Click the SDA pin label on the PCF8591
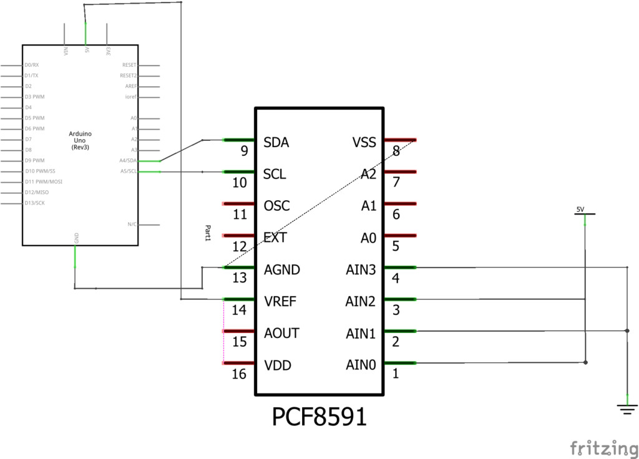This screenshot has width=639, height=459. click(276, 143)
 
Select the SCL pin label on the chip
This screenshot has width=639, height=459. click(275, 175)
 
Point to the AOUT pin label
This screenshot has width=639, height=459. click(281, 334)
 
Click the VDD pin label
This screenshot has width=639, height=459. click(278, 365)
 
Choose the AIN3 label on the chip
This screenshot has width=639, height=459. click(361, 270)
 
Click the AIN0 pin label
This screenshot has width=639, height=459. click(361, 365)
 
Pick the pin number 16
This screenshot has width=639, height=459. click(239, 374)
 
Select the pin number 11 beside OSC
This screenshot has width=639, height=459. click(239, 215)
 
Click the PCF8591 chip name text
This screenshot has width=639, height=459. click(319, 417)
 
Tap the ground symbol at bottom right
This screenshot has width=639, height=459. click(627, 408)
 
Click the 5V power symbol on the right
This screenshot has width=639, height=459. click(585, 211)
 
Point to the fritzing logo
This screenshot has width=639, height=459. click(603, 447)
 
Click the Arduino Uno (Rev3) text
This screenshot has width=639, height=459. click(80, 140)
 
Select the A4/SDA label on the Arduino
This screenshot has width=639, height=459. click(129, 160)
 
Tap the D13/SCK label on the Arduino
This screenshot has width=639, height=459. click(35, 203)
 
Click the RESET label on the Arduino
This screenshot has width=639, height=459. click(129, 65)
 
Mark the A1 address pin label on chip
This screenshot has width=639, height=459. click(368, 206)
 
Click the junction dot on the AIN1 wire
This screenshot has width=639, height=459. click(627, 331)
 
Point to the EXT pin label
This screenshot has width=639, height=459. click(275, 238)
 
